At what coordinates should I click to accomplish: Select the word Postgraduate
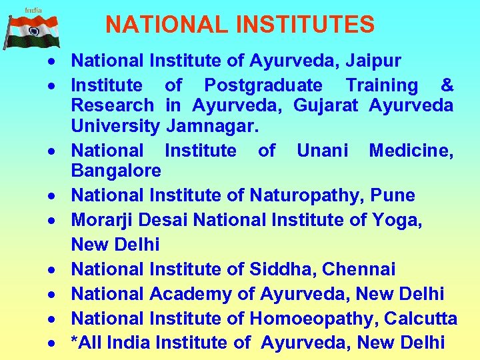pos(263,85)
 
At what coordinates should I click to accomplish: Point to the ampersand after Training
pos(447,85)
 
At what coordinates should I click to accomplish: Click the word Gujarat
pos(325,105)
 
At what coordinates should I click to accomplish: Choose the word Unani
pos(322,151)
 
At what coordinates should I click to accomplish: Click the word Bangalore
pos(116,171)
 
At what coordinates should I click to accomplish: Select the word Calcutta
pos(421,319)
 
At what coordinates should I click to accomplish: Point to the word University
pos(115,126)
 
